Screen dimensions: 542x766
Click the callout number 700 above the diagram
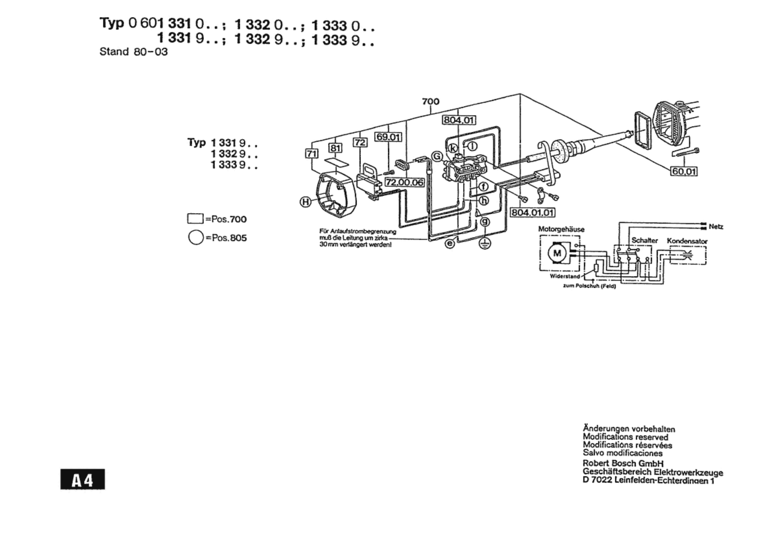click(x=431, y=101)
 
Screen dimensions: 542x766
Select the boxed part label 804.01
click(x=459, y=120)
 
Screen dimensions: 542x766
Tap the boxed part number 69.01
click(x=388, y=137)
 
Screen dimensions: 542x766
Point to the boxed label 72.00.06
click(x=404, y=182)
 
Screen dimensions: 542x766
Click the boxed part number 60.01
click(x=684, y=171)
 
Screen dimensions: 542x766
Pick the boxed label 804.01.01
click(x=533, y=212)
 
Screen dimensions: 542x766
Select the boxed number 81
click(x=335, y=148)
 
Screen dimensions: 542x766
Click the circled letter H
click(x=305, y=201)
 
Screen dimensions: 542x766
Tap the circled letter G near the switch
click(x=437, y=157)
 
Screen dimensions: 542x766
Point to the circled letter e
click(x=450, y=243)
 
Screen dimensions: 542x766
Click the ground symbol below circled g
click(x=485, y=243)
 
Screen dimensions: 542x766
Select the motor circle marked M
click(x=557, y=253)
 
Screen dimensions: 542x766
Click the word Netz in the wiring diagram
click(x=716, y=227)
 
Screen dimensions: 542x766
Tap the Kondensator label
click(x=687, y=241)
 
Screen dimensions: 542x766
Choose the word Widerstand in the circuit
click(x=565, y=276)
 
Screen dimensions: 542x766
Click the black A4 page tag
click(x=83, y=479)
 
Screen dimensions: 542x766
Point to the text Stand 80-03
click(x=134, y=52)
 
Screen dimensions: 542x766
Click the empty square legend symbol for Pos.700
click(x=196, y=219)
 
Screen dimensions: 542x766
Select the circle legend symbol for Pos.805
click(x=196, y=237)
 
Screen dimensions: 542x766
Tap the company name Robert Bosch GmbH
click(x=623, y=463)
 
